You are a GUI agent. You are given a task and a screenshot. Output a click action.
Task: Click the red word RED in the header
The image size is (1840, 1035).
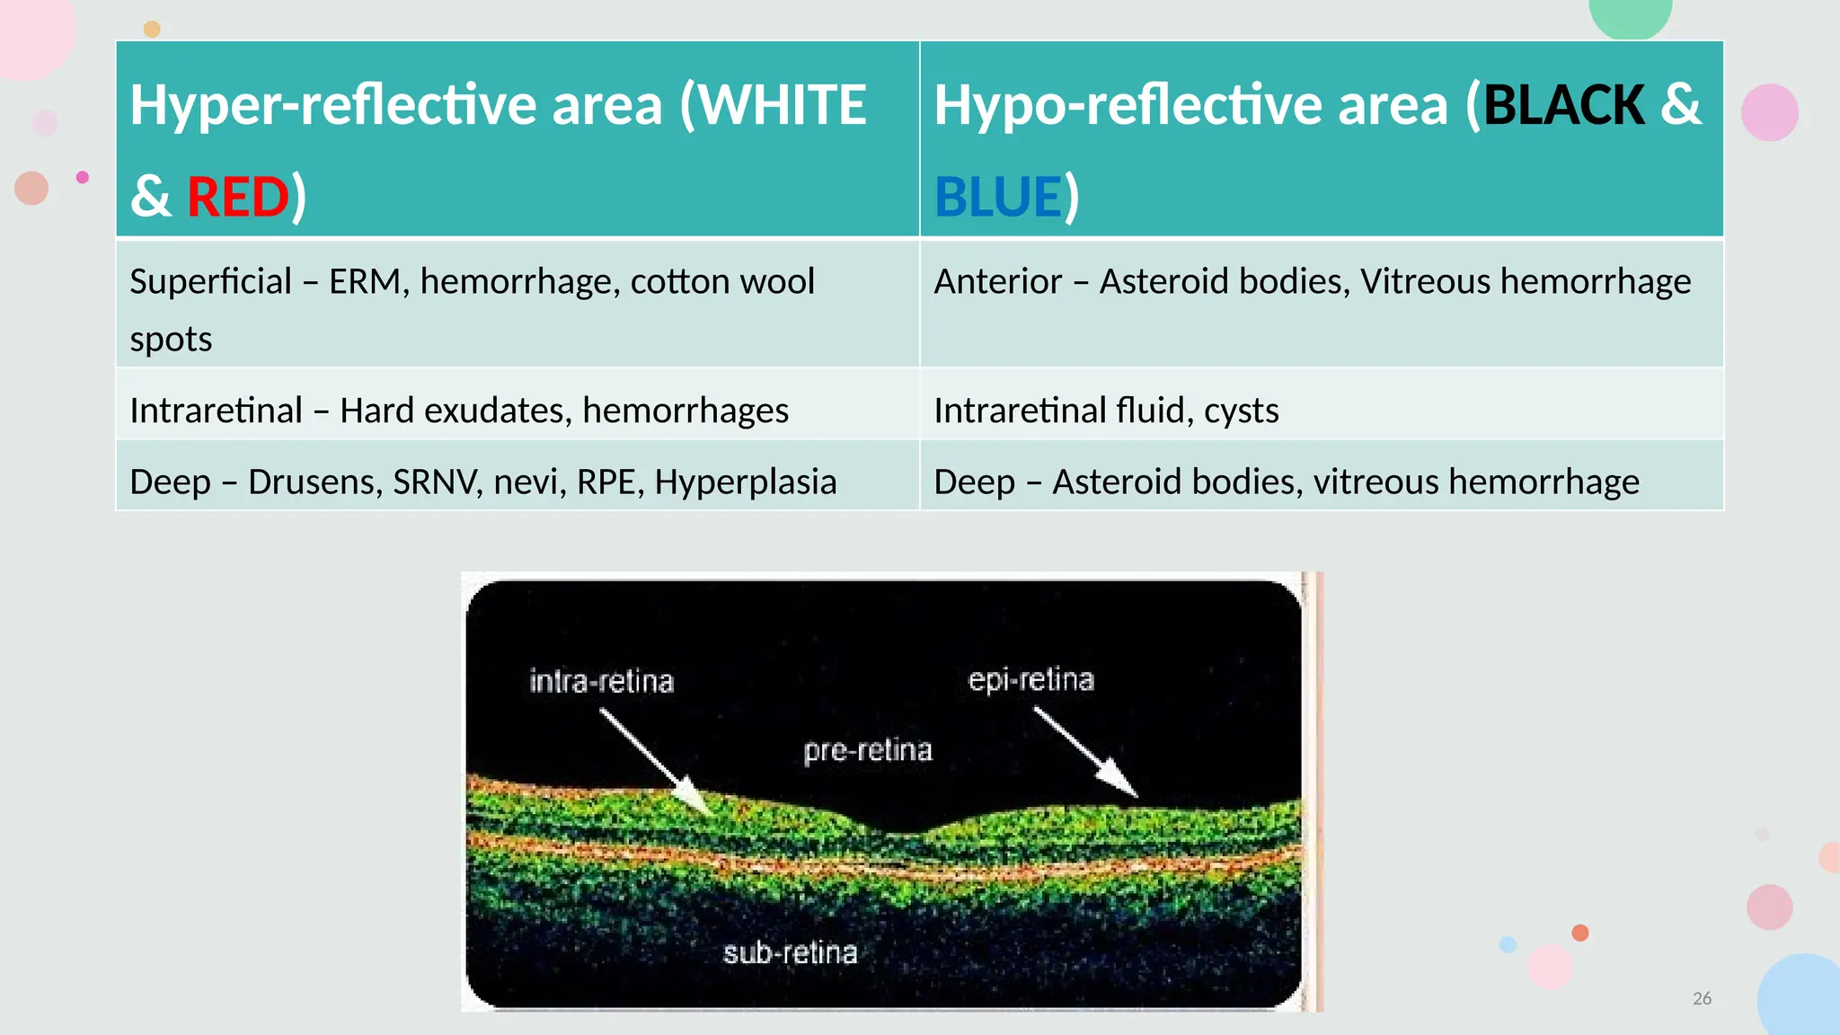[x=237, y=197]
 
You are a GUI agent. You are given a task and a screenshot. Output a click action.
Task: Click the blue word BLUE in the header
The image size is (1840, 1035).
[x=998, y=197]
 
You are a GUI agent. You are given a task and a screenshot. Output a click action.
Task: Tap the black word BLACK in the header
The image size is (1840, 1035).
[x=1563, y=105]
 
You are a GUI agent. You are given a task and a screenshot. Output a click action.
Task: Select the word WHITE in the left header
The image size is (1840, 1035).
[x=783, y=105]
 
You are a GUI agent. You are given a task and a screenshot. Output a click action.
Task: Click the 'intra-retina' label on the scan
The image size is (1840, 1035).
[x=601, y=681]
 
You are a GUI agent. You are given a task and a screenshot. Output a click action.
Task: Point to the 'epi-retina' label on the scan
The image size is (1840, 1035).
[x=1031, y=679]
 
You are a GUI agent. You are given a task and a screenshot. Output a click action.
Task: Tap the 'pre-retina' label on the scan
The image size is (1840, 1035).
[x=868, y=749]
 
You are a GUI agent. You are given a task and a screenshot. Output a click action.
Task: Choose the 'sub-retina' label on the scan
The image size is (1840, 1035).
[x=790, y=952]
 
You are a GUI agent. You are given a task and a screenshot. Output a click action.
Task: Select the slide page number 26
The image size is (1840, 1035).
[x=1702, y=998]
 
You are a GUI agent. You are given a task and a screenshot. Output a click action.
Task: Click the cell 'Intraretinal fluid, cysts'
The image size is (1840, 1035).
[x=1106, y=411]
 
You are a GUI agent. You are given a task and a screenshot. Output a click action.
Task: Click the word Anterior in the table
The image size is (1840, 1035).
[x=997, y=282]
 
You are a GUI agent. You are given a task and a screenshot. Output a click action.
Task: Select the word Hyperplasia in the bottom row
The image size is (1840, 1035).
[x=745, y=482]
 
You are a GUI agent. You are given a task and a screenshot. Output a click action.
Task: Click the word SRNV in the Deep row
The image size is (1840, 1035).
[x=435, y=482]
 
